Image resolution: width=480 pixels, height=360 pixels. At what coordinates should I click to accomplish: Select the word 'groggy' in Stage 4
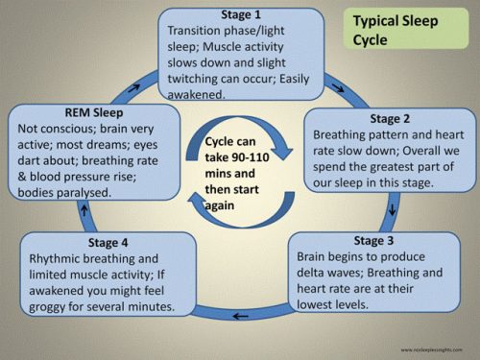click(x=51, y=307)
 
